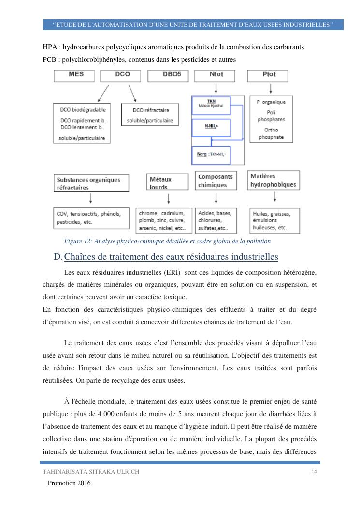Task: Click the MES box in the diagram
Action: coord(76,75)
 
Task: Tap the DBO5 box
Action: coord(168,75)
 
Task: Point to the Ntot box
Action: coord(215,75)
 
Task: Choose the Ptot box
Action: coord(268,75)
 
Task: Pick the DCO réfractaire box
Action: coord(147,116)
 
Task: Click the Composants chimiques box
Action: coord(216,181)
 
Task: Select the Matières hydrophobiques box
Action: coord(274,180)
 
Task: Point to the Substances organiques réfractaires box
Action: coord(91,184)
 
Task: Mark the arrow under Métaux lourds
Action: coord(168,199)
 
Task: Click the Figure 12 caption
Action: coord(167,241)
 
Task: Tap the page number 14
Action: coord(314,472)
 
